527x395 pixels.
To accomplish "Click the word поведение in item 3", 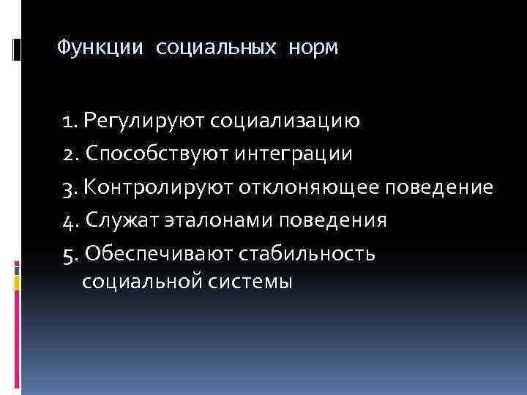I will tap(440, 187).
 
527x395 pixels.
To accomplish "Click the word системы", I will tap(252, 282).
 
